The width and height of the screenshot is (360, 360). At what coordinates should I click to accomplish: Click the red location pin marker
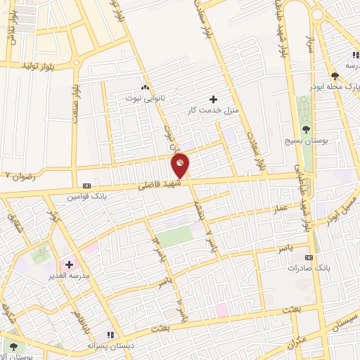(181, 165)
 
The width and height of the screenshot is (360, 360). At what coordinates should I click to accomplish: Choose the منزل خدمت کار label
(212, 109)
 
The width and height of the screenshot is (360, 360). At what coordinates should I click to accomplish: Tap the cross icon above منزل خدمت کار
(214, 98)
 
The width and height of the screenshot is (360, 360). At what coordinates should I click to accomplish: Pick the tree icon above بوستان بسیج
(307, 129)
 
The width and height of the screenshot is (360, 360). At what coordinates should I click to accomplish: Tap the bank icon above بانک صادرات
(307, 258)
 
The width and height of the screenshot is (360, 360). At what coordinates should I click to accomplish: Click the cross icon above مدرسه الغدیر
(69, 264)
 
